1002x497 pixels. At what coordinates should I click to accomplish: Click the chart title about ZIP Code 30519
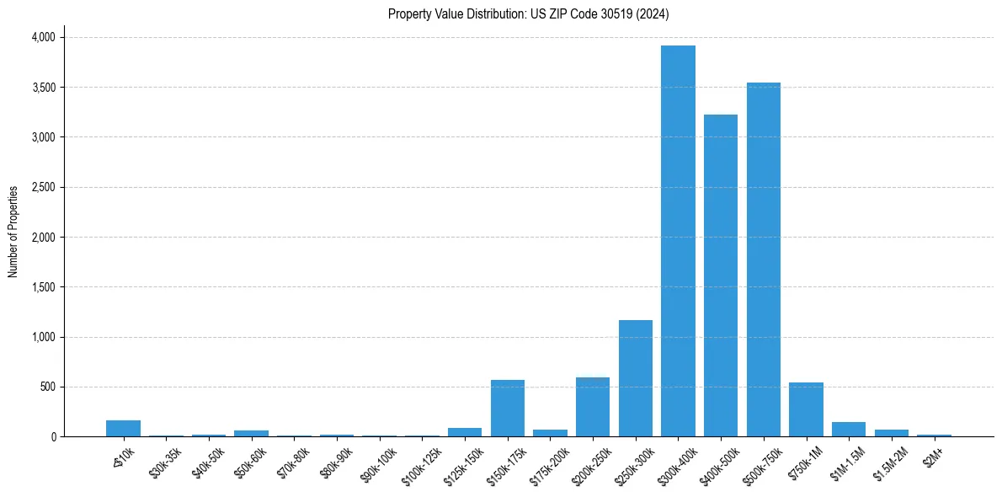point(529,14)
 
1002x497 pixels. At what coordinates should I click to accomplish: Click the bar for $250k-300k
point(636,378)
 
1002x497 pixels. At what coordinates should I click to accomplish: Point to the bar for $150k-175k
point(508,409)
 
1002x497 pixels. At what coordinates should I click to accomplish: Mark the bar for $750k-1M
point(806,409)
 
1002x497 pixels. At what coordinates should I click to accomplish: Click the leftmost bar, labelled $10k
point(123,428)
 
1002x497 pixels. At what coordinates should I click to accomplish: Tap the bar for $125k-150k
point(465,432)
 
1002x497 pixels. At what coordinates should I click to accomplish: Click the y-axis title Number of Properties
point(13,232)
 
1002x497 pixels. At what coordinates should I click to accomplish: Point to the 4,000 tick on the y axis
point(43,37)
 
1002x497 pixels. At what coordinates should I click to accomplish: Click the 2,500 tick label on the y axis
point(43,187)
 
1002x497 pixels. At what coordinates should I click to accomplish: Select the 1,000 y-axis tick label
point(43,337)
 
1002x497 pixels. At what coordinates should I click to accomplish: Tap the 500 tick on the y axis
point(48,387)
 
